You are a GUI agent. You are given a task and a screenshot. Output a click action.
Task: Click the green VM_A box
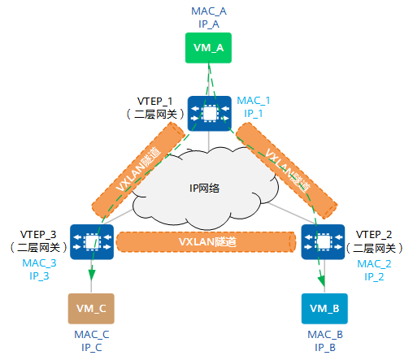208,48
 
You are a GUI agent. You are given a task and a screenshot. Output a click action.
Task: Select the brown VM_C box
91,309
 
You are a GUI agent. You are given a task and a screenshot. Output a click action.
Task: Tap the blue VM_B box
324,309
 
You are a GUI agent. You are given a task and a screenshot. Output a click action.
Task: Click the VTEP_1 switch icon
210,113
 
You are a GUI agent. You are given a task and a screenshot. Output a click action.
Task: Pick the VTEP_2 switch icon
323,242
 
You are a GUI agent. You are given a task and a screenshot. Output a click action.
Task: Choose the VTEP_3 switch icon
92,242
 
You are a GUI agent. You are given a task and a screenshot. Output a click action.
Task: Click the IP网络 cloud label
204,188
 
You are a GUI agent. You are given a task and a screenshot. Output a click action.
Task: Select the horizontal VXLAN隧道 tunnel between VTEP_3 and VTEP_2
206,241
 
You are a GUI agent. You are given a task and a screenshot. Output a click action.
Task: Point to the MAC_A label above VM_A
209,11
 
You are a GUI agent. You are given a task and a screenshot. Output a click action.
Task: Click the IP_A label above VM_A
209,24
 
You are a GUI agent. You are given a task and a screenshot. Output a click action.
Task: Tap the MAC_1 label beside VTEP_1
254,101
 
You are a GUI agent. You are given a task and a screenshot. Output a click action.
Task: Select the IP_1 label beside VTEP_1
254,114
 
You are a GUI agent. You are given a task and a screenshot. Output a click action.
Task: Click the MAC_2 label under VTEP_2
374,264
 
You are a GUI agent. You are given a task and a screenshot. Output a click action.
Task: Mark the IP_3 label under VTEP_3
39,276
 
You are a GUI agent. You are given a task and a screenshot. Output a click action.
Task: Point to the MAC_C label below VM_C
92,335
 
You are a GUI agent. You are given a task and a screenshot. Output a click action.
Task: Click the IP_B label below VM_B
325,348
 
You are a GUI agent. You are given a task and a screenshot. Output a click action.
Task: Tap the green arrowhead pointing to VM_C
92,275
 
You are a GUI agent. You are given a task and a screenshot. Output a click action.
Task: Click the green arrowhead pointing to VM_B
321,280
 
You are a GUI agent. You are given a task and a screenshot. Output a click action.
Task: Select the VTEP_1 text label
154,102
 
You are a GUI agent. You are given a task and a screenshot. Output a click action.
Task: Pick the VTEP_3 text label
38,235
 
